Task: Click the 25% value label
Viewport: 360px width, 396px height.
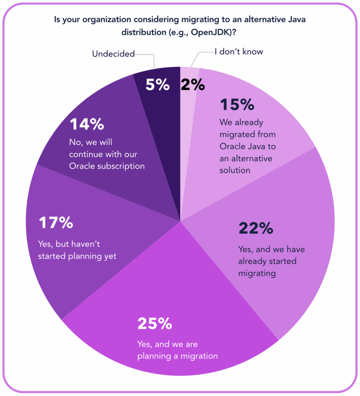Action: (155, 324)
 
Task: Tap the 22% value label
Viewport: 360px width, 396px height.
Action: (256, 229)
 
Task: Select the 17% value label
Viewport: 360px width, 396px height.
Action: (56, 223)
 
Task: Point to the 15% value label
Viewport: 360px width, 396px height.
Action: (237, 105)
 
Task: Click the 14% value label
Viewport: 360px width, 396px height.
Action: (87, 125)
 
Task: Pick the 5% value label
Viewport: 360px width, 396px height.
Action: (157, 85)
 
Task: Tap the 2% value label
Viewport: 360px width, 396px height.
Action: (193, 85)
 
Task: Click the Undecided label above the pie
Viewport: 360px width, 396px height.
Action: (113, 54)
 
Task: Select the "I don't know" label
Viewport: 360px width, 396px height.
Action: (239, 52)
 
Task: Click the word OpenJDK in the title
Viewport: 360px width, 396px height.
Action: (210, 33)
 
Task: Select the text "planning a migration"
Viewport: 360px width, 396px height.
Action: (177, 355)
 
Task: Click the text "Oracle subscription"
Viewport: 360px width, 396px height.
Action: (107, 166)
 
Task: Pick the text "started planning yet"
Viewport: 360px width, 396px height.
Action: (77, 256)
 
